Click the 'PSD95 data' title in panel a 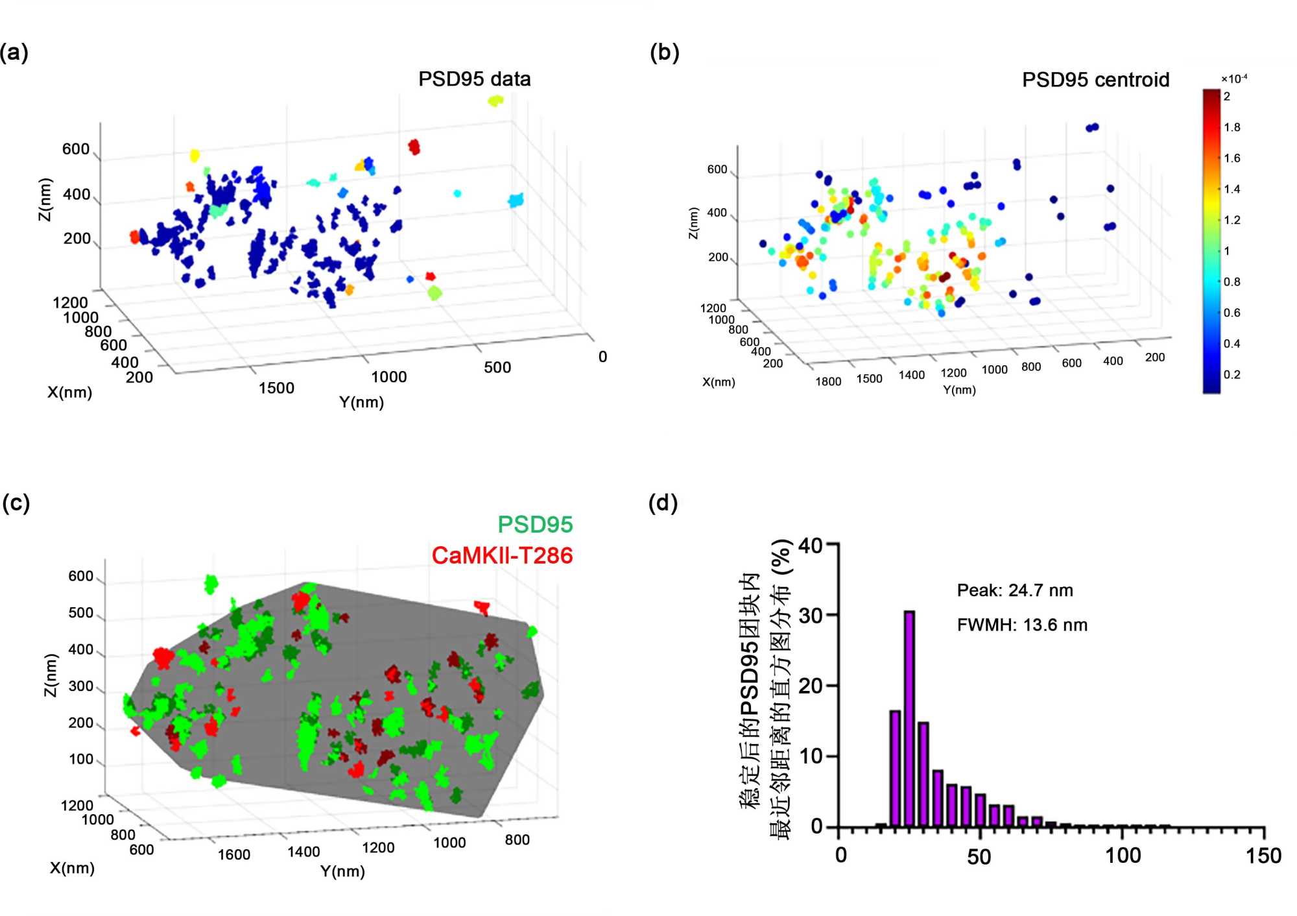tap(474, 79)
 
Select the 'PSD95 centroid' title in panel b tap(1095, 80)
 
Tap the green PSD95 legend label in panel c tap(535, 524)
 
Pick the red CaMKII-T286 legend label tap(502, 555)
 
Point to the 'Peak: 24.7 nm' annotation tap(1015, 590)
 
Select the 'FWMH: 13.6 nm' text tap(1022, 625)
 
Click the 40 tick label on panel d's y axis tap(811, 546)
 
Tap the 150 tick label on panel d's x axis tap(1263, 856)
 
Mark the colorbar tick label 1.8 tap(1232, 127)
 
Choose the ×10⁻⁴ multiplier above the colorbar tap(1233, 78)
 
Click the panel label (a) tap(14, 52)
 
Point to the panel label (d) tap(663, 503)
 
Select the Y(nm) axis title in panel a tap(361, 402)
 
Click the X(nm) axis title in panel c tap(72, 868)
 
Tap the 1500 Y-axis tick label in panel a tap(276, 388)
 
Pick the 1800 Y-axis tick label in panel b tap(828, 381)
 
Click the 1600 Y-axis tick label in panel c tap(233, 854)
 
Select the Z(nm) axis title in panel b tap(693, 223)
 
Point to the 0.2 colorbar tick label tap(1232, 374)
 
